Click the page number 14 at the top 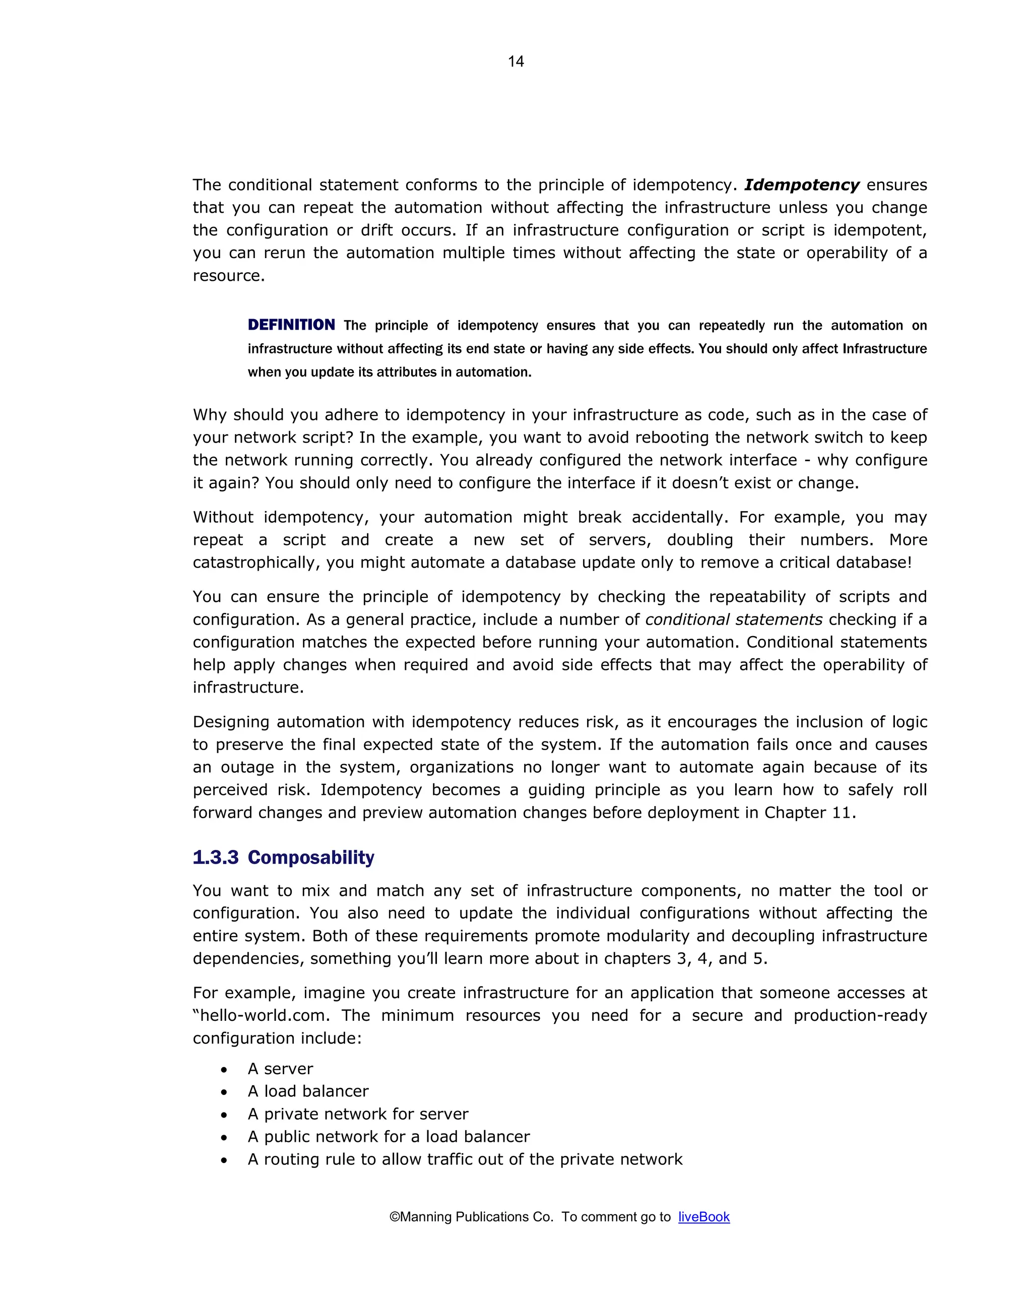(515, 61)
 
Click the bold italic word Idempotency (802, 185)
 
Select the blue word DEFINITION (292, 325)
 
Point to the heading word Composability (311, 857)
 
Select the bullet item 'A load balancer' (308, 1091)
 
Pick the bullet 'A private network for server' (358, 1114)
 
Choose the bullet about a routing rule (465, 1159)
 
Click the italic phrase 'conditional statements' (733, 620)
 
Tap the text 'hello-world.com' (264, 1016)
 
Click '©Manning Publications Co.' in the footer (471, 1216)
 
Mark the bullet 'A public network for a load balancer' (389, 1137)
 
